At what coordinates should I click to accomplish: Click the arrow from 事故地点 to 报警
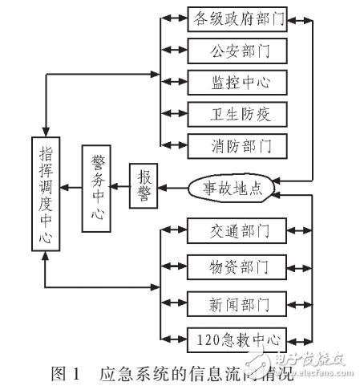pyautogui.click(x=175, y=189)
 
